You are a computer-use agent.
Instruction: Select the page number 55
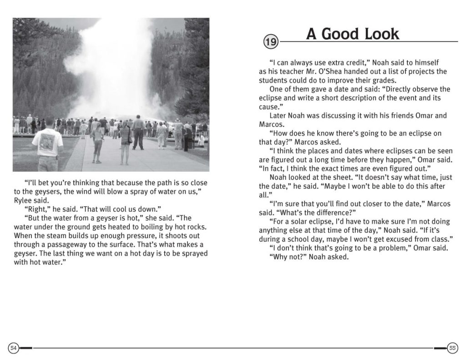(x=452, y=348)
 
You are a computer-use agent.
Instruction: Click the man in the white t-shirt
(x=48, y=143)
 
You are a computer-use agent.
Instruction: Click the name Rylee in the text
(x=24, y=200)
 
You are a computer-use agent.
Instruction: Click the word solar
(x=298, y=222)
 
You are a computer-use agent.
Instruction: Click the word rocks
(x=197, y=227)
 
